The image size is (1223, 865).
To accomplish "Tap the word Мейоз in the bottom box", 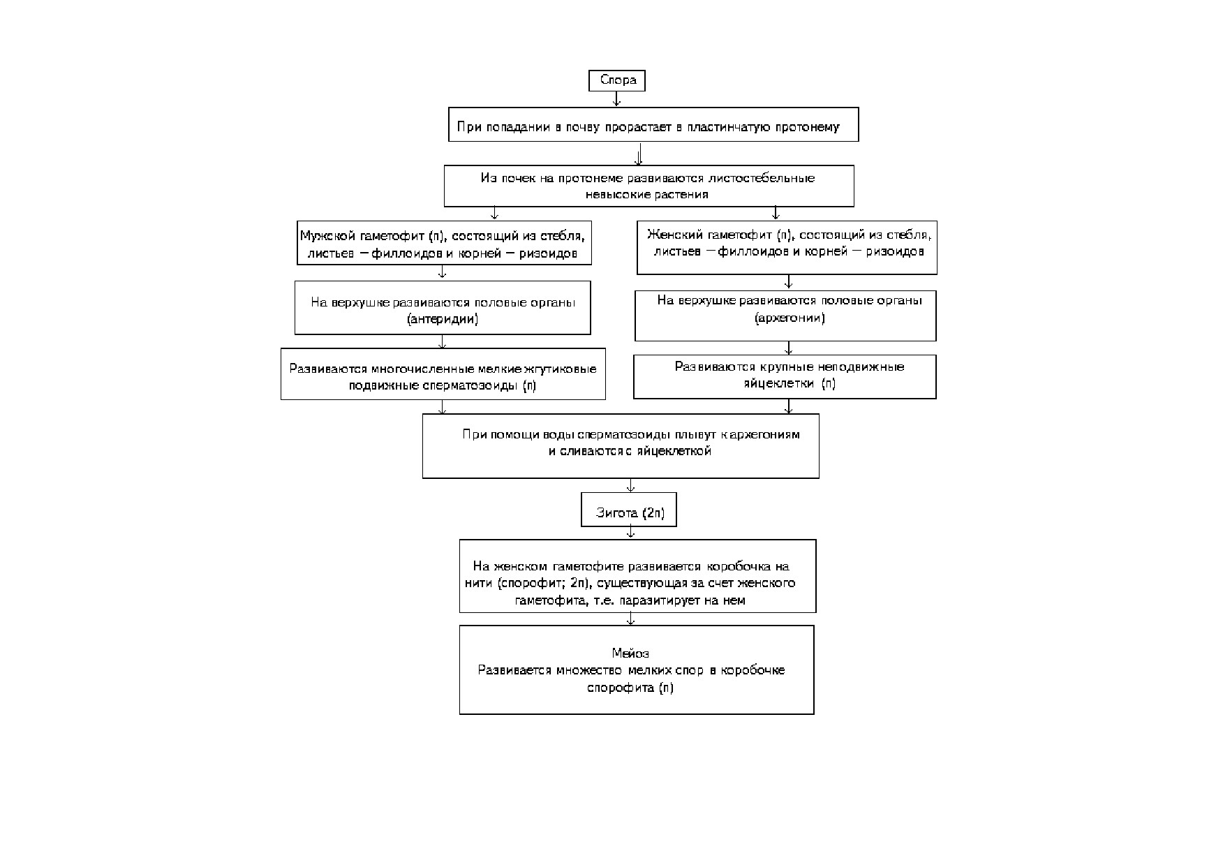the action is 630,653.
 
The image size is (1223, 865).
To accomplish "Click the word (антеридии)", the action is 443,320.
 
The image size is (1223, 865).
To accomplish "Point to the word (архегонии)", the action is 790,318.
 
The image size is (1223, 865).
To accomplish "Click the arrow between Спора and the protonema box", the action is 616,99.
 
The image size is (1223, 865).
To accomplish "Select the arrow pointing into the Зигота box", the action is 631,486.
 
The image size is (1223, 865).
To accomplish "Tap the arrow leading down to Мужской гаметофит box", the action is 494,213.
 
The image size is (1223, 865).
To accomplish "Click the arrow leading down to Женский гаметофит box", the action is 776,213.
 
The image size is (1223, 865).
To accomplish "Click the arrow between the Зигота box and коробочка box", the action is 631,533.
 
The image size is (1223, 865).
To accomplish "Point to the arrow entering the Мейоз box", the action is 631,619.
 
